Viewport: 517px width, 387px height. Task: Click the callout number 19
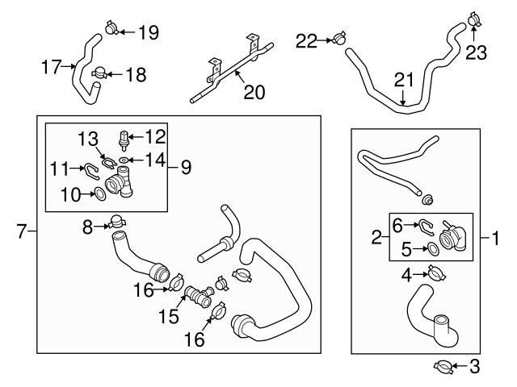pos(148,32)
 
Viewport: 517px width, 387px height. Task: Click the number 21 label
pos(403,79)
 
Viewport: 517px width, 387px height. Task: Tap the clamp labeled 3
pos(443,368)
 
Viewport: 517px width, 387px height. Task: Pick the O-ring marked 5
pos(434,249)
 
